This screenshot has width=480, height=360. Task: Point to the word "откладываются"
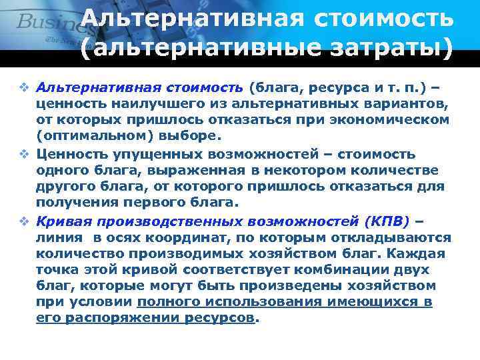[x=394, y=238]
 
